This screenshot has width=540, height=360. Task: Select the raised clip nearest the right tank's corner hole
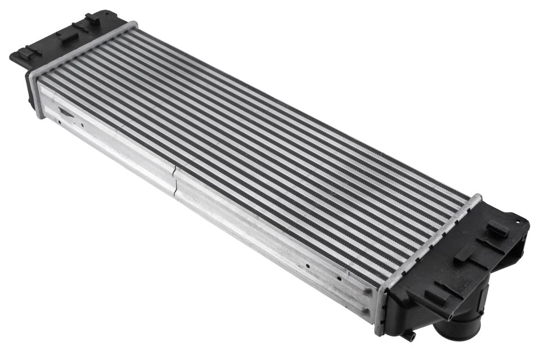498,228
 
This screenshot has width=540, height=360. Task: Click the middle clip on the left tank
66,35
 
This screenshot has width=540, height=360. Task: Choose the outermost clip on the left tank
28,54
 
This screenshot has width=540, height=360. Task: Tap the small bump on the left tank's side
29,101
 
